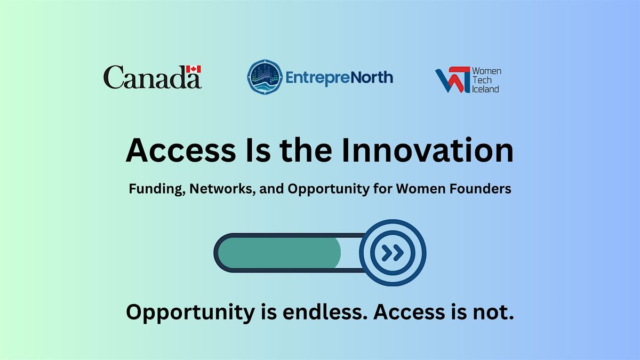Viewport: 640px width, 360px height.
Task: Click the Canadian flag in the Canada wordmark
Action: (x=194, y=69)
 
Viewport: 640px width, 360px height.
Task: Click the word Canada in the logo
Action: (x=153, y=77)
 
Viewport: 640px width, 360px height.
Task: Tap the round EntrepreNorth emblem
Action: (x=265, y=77)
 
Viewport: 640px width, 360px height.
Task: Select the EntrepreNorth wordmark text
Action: (x=339, y=78)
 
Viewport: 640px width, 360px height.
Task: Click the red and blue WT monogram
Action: (x=453, y=79)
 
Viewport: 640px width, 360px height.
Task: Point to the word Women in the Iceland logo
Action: (x=486, y=71)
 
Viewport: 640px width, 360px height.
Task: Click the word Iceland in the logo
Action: (x=485, y=89)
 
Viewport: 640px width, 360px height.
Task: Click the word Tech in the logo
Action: (x=482, y=80)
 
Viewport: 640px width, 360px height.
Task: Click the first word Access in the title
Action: (x=181, y=150)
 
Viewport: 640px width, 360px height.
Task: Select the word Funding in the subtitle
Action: (x=157, y=189)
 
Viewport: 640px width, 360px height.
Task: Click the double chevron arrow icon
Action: (x=393, y=253)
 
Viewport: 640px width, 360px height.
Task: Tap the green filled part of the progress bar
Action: (x=279, y=253)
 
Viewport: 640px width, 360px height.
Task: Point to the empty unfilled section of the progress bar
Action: (x=351, y=253)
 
